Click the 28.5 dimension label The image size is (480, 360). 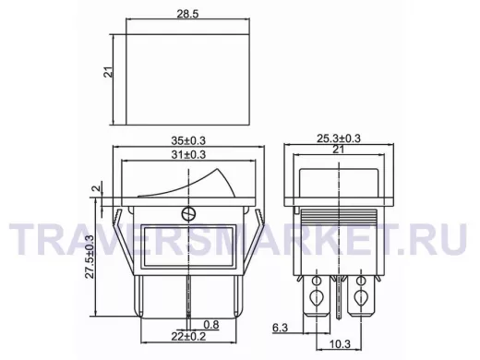pos(187,14)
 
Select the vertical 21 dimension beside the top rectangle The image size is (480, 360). pos(110,72)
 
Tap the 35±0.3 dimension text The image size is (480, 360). pos(188,140)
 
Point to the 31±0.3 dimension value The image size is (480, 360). pos(188,154)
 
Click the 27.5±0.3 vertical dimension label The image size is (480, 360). pos(90,257)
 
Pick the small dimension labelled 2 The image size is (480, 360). pos(97,188)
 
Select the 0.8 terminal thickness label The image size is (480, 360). pos(211,324)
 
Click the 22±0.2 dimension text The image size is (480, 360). pos(188,337)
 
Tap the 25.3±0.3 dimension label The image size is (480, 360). pos(339,138)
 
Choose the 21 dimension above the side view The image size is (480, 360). pos(339,150)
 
